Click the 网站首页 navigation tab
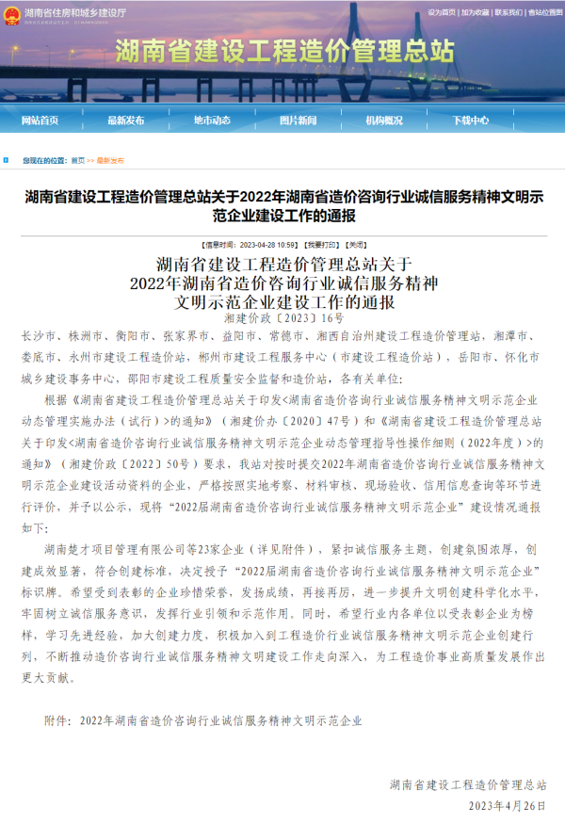tap(40, 121)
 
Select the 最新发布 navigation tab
tap(126, 121)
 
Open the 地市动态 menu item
tap(212, 121)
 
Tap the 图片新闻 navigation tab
tap(298, 121)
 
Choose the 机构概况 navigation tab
tap(384, 121)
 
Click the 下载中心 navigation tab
tap(470, 121)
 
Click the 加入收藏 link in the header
tap(476, 12)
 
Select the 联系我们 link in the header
tap(508, 12)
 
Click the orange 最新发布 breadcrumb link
tap(110, 161)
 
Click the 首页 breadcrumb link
tap(77, 161)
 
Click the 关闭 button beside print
tap(333, 242)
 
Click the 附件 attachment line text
tap(202, 720)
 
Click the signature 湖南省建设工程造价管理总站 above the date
tap(468, 784)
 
